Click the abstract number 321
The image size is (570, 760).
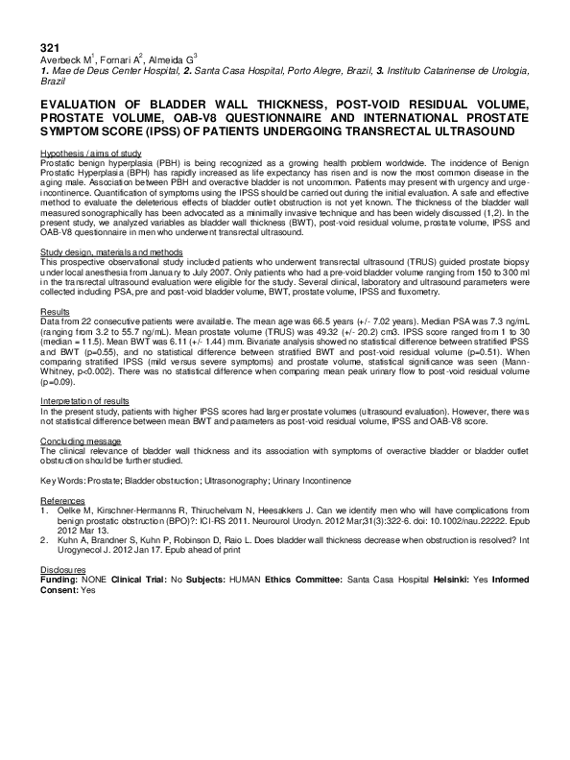point(49,47)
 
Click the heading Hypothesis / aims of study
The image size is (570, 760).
point(91,154)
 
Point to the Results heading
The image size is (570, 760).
point(55,313)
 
